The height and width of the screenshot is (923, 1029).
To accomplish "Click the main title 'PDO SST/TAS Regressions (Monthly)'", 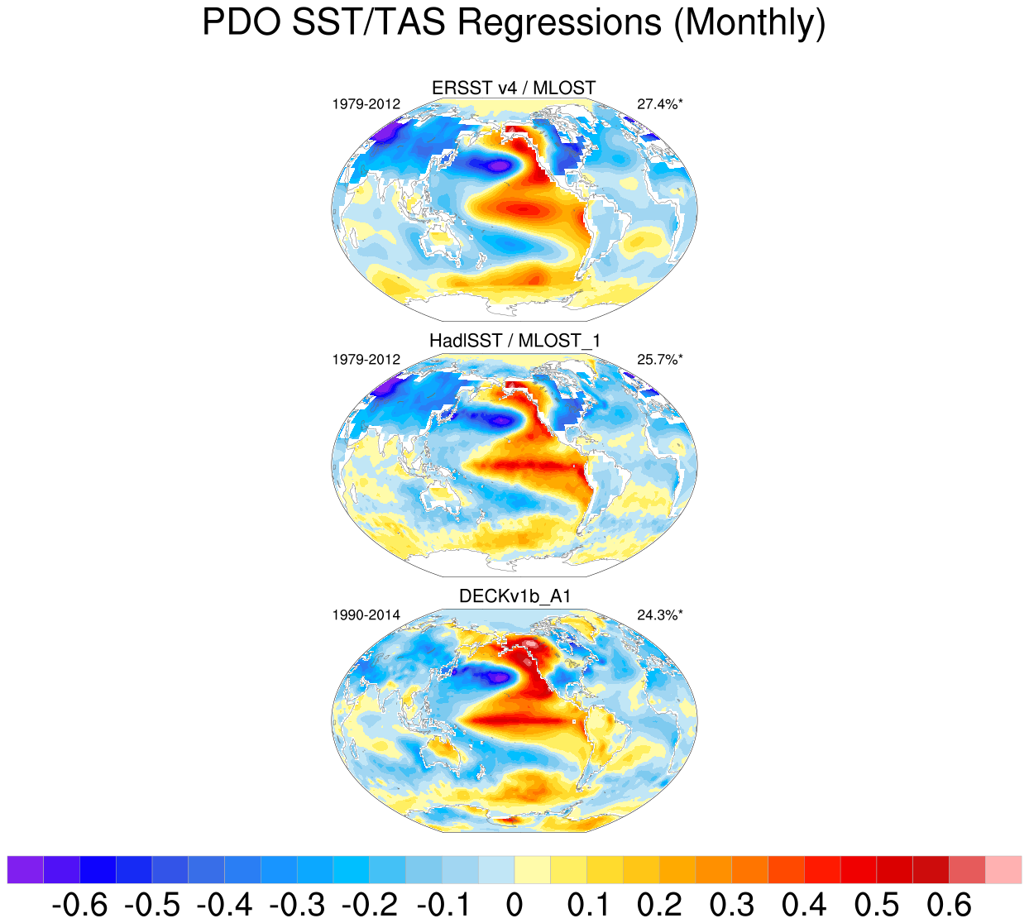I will (x=514, y=22).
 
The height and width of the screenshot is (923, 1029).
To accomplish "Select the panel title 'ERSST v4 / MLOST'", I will (x=514, y=88).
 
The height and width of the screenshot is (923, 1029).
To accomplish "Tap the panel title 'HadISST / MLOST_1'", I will (x=514, y=341).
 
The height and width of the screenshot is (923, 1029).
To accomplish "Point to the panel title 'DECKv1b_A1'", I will (x=514, y=596).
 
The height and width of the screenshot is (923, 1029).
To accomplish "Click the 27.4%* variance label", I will (x=660, y=104).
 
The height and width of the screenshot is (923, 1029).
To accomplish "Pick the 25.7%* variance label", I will (x=660, y=360).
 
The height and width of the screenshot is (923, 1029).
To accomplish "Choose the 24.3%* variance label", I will (x=660, y=615).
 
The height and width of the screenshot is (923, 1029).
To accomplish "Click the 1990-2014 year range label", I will (x=366, y=615).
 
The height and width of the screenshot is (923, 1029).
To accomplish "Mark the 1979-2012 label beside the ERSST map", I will (x=366, y=104).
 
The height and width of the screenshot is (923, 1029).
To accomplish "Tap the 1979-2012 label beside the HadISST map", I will (x=366, y=360).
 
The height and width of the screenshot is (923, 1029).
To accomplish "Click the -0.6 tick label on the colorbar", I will (x=79, y=905).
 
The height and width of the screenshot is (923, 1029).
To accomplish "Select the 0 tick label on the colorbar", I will (x=514, y=905).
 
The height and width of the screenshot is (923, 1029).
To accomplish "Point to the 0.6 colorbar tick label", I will (x=950, y=905).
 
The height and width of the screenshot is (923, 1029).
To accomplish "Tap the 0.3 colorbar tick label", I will (x=732, y=905).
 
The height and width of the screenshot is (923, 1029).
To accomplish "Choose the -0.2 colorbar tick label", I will (x=369, y=905).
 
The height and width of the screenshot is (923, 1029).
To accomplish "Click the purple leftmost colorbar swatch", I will (x=26, y=870).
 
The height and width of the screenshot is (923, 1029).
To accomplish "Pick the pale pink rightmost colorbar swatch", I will (x=1003, y=870).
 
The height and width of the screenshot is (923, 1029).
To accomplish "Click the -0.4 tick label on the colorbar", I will (x=224, y=905).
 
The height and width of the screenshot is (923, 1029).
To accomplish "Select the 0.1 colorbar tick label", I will (x=587, y=905).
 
